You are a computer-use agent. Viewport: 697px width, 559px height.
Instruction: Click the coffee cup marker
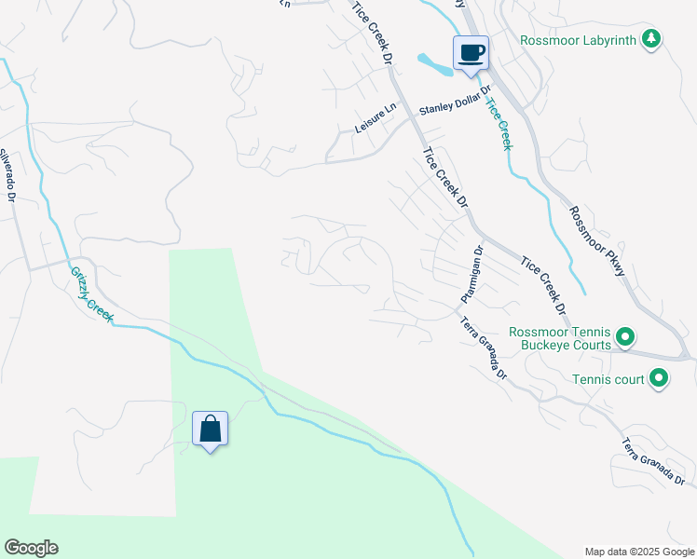471,52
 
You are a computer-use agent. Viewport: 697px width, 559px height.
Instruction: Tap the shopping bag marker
211,429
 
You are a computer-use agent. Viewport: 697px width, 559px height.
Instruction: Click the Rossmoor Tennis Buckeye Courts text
560,338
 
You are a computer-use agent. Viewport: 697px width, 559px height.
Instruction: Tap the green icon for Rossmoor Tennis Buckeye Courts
626,337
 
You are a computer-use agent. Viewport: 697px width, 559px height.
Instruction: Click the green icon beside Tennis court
659,378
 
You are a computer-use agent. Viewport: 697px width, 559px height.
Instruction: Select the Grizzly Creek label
92,294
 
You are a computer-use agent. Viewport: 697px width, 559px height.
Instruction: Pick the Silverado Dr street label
7,177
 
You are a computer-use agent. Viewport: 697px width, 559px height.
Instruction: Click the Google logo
31,548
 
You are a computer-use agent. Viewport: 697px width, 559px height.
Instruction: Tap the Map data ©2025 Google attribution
639,552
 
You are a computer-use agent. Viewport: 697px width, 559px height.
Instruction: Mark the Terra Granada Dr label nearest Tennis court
653,460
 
